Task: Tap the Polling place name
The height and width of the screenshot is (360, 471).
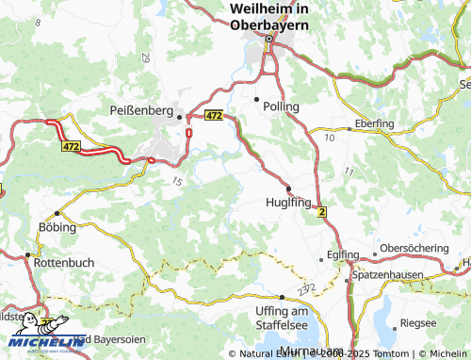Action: tap(282, 106)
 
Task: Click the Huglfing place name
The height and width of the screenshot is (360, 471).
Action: tap(289, 202)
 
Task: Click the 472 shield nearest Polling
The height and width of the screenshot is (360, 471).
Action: tap(213, 115)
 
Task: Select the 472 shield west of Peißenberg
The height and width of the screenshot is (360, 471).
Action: tap(72, 147)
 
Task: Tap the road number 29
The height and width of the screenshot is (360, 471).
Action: tap(145, 57)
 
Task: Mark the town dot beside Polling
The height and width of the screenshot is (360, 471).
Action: tap(256, 98)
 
